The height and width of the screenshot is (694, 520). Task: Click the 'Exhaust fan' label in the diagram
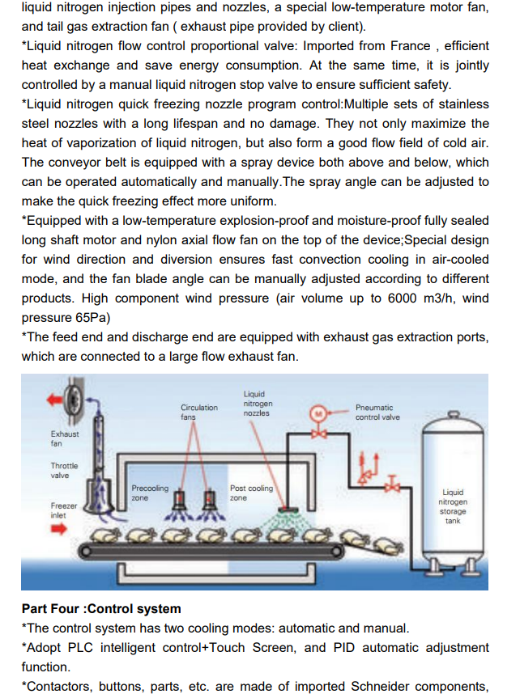click(x=65, y=438)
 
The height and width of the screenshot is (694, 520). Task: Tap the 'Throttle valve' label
click(x=64, y=471)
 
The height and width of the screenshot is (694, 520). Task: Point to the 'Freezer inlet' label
click(x=64, y=510)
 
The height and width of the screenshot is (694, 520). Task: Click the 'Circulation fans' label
click(x=198, y=412)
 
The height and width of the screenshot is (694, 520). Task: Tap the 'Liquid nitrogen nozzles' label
click(x=258, y=404)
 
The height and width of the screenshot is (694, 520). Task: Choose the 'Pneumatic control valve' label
click(x=377, y=413)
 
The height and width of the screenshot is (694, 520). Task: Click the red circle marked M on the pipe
click(x=320, y=413)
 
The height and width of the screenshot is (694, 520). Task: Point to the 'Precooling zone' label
click(x=149, y=493)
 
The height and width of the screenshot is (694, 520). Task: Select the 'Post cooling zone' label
click(x=251, y=493)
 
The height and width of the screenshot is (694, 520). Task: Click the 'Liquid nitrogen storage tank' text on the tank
click(x=453, y=506)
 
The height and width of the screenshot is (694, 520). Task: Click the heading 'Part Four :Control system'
click(x=101, y=608)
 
